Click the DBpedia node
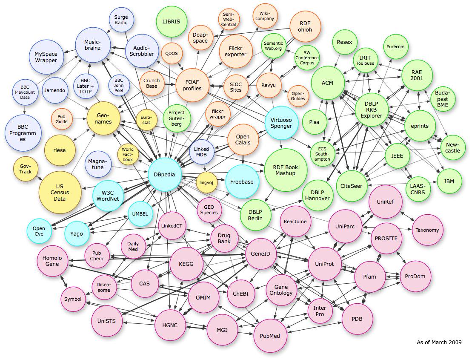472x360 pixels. click(165, 175)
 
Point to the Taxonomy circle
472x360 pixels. click(427, 230)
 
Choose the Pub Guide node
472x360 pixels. click(61, 118)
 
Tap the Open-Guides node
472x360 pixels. click(298, 95)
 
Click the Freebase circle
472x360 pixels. click(242, 181)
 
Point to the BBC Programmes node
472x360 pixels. click(23, 133)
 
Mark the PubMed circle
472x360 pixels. click(269, 336)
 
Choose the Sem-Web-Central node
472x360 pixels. click(229, 19)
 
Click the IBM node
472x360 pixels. click(449, 181)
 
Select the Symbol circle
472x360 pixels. click(73, 299)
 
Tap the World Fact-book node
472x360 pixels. click(128, 154)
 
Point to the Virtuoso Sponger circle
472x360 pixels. click(281, 123)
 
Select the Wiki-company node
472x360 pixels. click(264, 16)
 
